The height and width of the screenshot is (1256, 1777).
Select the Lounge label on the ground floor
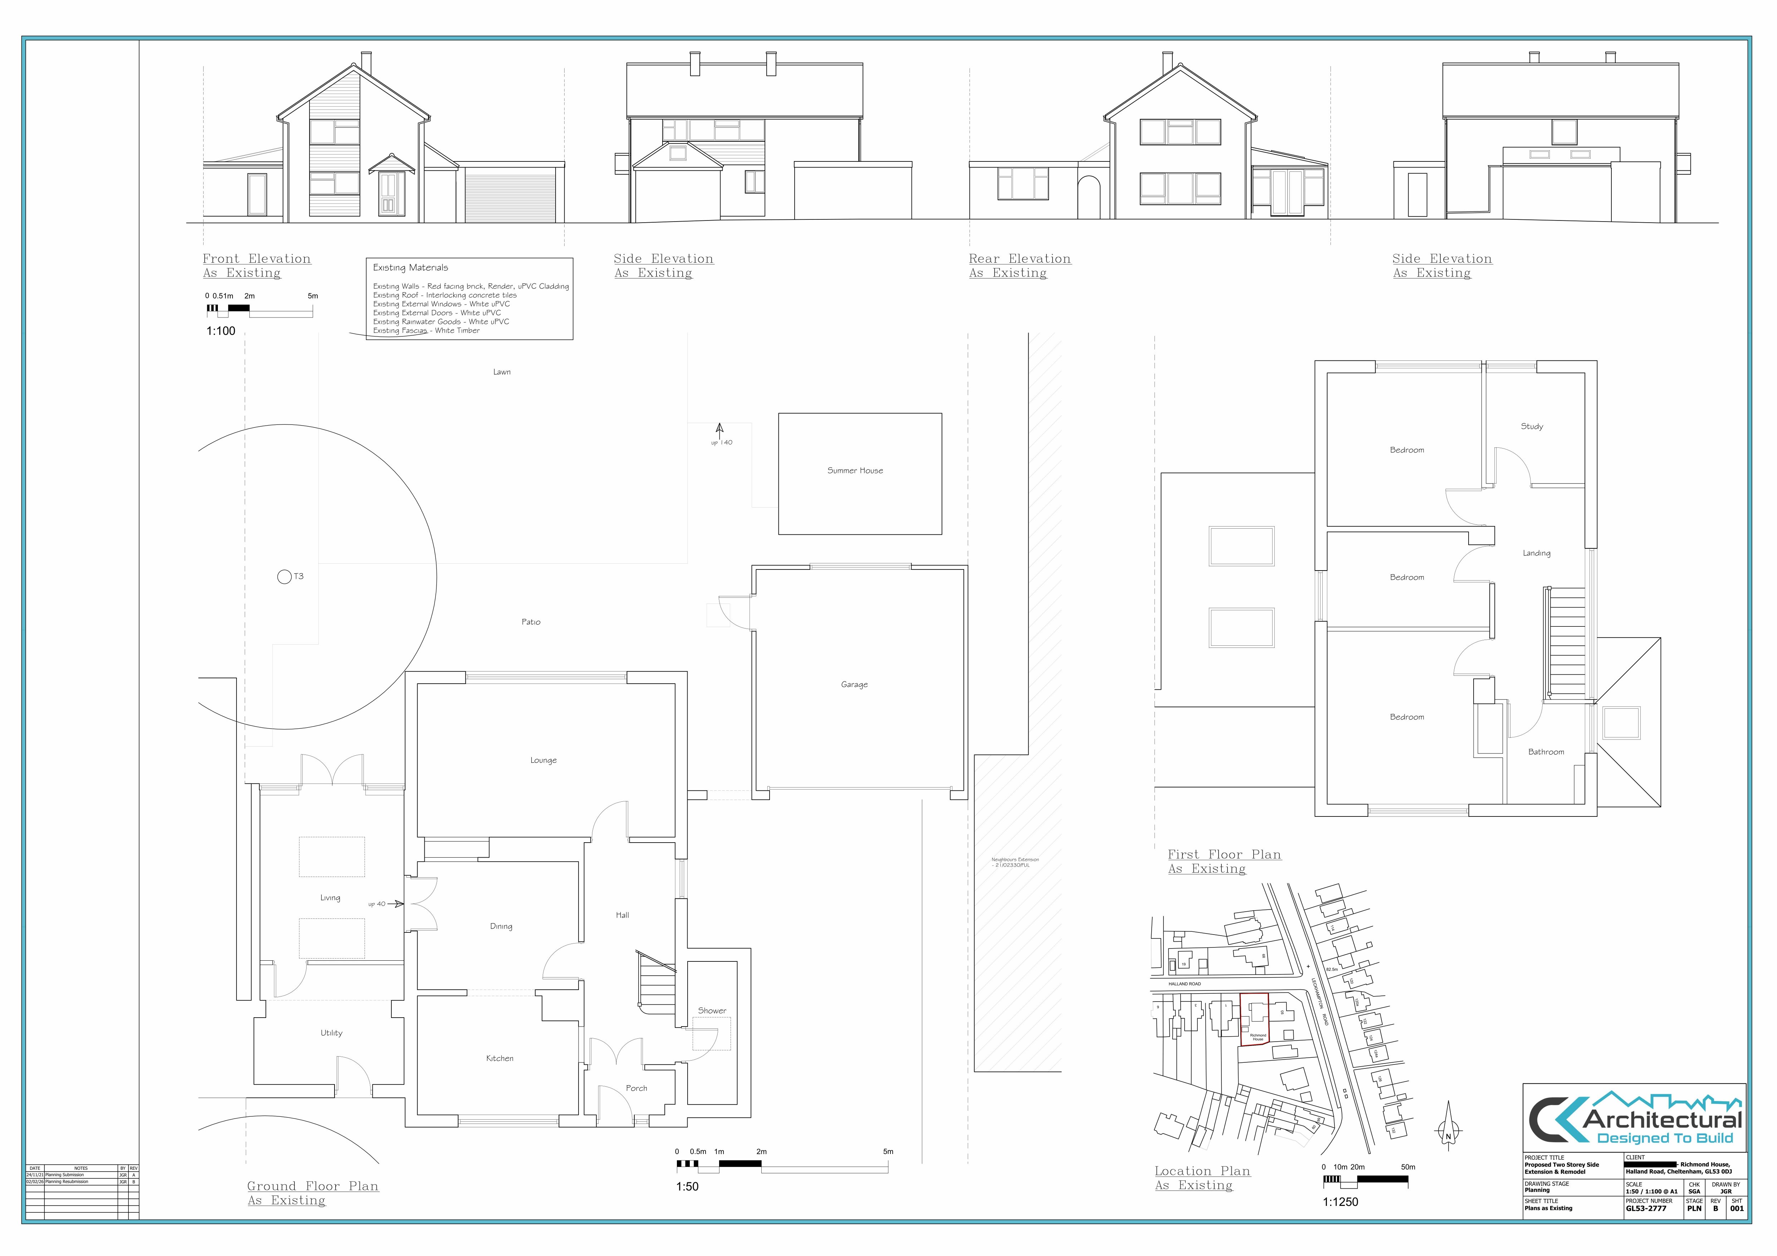543,760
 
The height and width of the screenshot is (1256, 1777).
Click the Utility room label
331,1033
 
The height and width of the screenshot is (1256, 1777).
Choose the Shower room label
712,1010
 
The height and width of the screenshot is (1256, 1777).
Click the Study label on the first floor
1532,427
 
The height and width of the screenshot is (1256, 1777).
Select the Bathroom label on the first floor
1546,752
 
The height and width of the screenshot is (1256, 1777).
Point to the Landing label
1536,554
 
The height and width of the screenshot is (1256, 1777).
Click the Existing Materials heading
410,268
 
